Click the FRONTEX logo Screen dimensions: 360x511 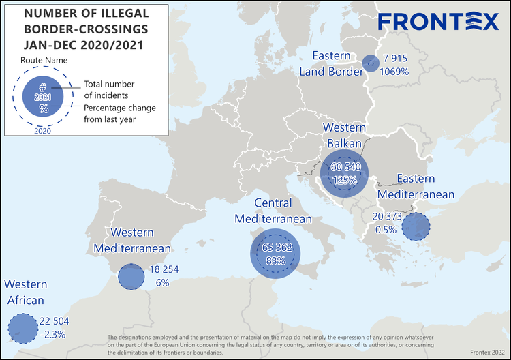(438, 22)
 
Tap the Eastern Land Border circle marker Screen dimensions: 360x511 (370, 63)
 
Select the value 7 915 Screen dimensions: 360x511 (395, 58)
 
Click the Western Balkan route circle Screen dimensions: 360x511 (344, 172)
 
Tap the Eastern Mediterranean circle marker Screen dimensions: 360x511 (415, 226)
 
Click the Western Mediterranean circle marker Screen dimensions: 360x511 (131, 277)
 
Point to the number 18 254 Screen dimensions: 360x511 (164, 269)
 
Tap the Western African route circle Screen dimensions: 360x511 (23, 328)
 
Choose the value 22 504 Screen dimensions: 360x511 (55, 321)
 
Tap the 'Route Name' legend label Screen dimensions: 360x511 (43, 60)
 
